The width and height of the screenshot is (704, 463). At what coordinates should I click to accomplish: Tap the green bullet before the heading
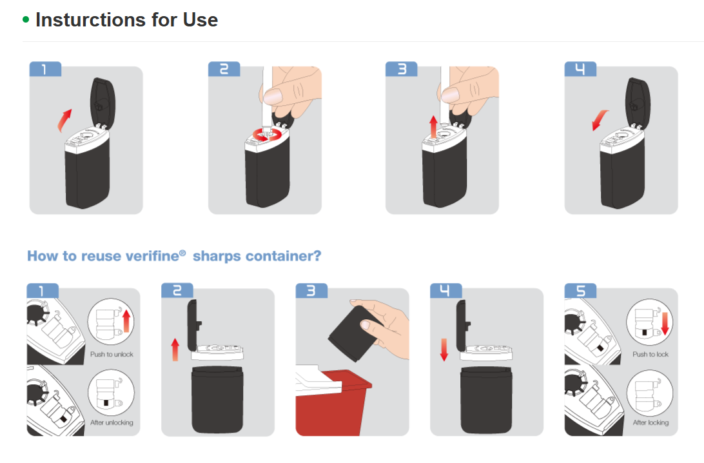point(26,19)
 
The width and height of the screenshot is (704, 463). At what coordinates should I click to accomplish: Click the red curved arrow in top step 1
point(64,121)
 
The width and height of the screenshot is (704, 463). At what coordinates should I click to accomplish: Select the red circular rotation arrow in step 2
point(267,135)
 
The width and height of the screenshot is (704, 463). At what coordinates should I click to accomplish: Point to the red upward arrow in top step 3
point(433,126)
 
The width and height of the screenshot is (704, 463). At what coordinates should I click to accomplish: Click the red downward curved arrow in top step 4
point(600,120)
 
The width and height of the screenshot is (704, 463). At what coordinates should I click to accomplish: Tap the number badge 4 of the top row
point(580,69)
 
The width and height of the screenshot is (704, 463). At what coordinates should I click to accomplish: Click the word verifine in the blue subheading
point(152,256)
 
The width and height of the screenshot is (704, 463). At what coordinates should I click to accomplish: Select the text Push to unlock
point(112,354)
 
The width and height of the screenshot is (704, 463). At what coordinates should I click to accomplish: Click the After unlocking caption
point(112,422)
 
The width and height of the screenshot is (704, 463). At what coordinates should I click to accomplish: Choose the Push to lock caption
point(650,354)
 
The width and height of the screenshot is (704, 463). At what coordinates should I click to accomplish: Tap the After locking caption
point(650,422)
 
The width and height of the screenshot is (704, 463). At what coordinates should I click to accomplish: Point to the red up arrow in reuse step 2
point(175,350)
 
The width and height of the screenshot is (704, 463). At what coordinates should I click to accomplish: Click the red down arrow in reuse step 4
point(444,350)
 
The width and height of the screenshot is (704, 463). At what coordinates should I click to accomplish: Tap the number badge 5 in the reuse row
point(580,291)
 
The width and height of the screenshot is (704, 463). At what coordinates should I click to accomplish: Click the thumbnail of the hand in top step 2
point(272,95)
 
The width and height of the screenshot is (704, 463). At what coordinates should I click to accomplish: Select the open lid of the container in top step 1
point(103,103)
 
